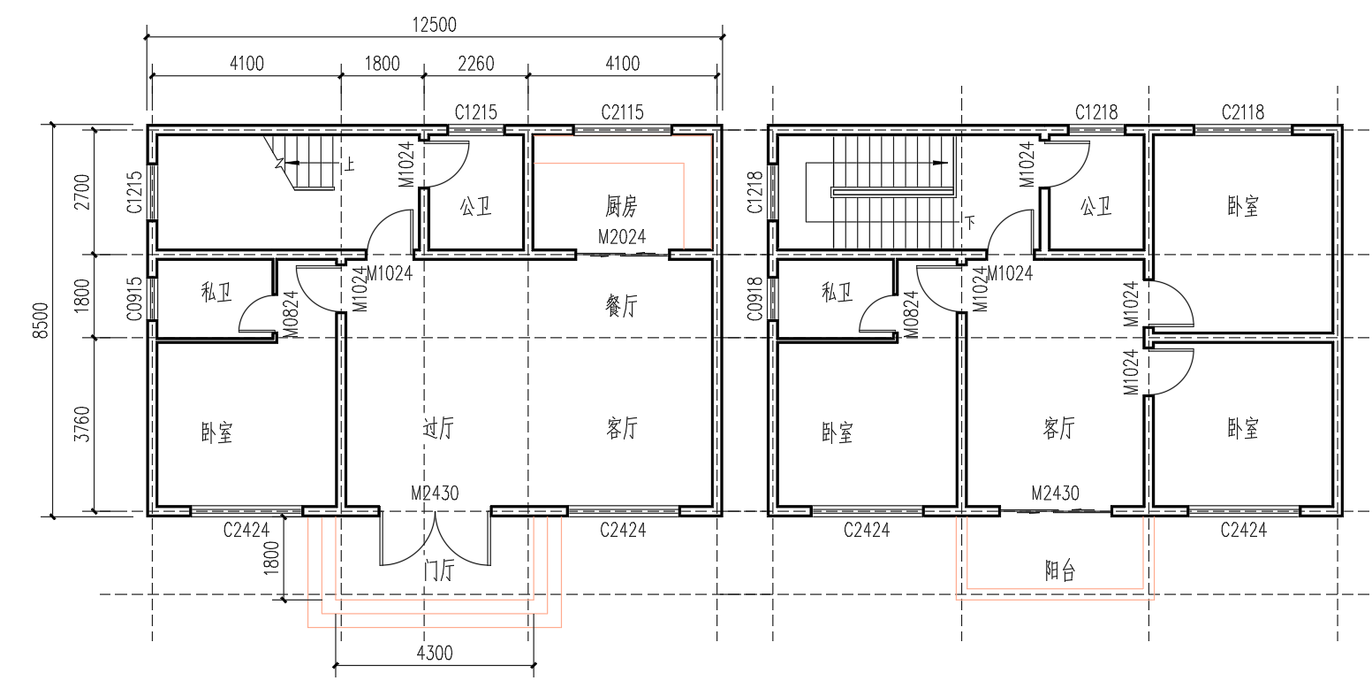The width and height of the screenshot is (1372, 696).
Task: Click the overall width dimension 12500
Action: (x=435, y=25)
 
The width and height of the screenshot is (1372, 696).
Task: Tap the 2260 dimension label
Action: (x=476, y=64)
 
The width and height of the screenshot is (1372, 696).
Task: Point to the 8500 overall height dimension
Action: (x=40, y=320)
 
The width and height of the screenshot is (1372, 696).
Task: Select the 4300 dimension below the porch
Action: (x=435, y=653)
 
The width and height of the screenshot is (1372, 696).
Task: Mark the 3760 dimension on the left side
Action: (x=81, y=424)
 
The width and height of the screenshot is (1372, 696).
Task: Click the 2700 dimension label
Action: (x=81, y=192)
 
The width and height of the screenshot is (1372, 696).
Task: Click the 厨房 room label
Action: (x=621, y=206)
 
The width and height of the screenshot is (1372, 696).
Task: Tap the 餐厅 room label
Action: (x=621, y=305)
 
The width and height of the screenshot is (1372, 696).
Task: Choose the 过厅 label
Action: (x=438, y=427)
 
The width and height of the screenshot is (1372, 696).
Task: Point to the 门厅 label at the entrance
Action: (x=439, y=570)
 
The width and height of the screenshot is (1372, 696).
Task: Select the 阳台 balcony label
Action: (x=1059, y=570)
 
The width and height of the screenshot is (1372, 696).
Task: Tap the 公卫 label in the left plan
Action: (x=476, y=206)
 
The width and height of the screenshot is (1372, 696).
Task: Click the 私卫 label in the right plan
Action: (x=838, y=292)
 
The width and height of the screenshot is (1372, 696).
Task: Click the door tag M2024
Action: (x=622, y=237)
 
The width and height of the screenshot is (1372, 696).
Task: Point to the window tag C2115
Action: (x=622, y=112)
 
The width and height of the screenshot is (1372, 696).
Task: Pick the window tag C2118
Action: (x=1243, y=112)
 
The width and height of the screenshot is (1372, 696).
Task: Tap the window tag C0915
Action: (x=135, y=299)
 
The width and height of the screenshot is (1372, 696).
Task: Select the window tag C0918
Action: (x=755, y=299)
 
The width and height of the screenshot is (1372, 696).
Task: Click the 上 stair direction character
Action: (x=348, y=164)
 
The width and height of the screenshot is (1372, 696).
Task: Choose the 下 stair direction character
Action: (x=969, y=221)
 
